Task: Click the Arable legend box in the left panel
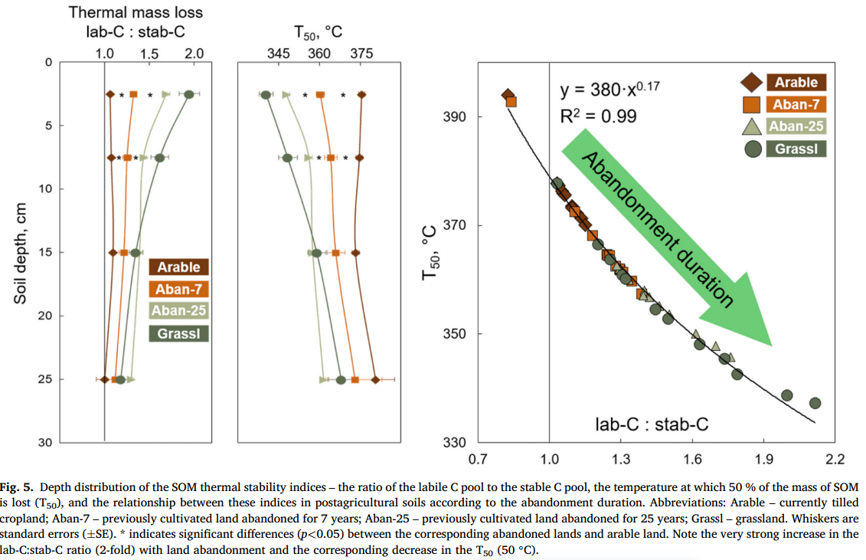pyautogui.click(x=178, y=267)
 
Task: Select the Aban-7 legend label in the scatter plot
pyautogui.click(x=796, y=104)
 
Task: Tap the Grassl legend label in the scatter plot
pyautogui.click(x=796, y=148)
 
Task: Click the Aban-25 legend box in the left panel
pyautogui.click(x=178, y=311)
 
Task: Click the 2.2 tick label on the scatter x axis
pyautogui.click(x=834, y=460)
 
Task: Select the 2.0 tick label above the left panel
pyautogui.click(x=194, y=53)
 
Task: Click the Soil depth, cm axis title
pyautogui.click(x=21, y=253)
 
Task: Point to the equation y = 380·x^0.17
pyautogui.click(x=609, y=89)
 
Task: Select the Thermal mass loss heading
pyautogui.click(x=136, y=12)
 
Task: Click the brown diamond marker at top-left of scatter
pyautogui.click(x=507, y=95)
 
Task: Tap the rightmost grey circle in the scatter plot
pyautogui.click(x=815, y=403)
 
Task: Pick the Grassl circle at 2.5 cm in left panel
pyautogui.click(x=188, y=94)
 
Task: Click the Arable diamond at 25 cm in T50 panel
pyautogui.click(x=375, y=379)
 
